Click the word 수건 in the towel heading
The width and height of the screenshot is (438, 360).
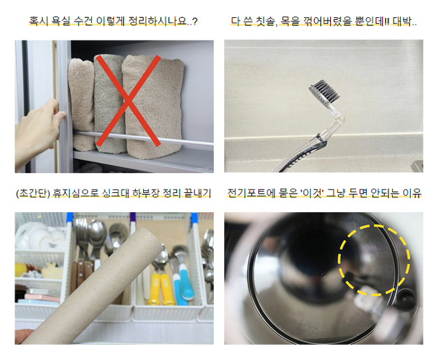(x=83, y=21)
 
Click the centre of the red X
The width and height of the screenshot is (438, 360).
(x=128, y=100)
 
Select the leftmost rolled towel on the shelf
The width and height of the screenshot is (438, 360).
(x=81, y=103)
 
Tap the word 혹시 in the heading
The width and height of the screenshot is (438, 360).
(x=38, y=21)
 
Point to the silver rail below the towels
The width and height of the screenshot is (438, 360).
(x=143, y=138)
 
